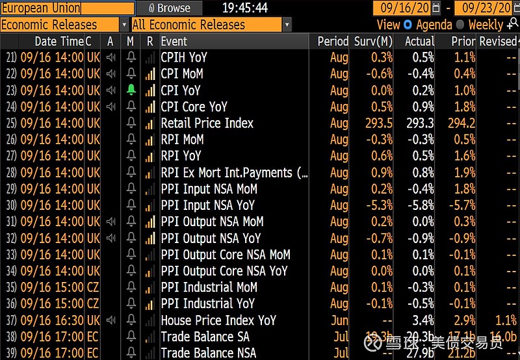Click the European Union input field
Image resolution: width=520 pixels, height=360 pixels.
(68, 8)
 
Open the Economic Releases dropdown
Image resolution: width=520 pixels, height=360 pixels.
(64, 25)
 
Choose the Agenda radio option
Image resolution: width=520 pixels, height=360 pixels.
(408, 25)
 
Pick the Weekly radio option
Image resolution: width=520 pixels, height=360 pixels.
(460, 25)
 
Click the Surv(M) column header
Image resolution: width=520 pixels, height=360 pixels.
(374, 41)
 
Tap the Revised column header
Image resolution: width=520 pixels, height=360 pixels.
(497, 41)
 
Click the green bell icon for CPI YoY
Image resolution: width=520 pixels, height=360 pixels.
(131, 90)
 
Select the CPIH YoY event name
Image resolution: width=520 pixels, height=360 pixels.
(184, 57)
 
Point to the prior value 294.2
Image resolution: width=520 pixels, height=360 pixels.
(460, 123)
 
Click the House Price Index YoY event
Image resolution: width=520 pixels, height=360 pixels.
(218, 320)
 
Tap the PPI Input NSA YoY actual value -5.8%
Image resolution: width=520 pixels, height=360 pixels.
(419, 205)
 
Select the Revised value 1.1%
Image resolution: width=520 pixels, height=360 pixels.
(505, 320)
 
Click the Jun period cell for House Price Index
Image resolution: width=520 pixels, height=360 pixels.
(339, 320)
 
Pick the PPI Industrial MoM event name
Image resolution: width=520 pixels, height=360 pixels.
(209, 287)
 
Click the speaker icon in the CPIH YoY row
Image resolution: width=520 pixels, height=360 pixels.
(110, 57)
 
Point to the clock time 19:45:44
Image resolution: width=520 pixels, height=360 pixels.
(245, 8)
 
